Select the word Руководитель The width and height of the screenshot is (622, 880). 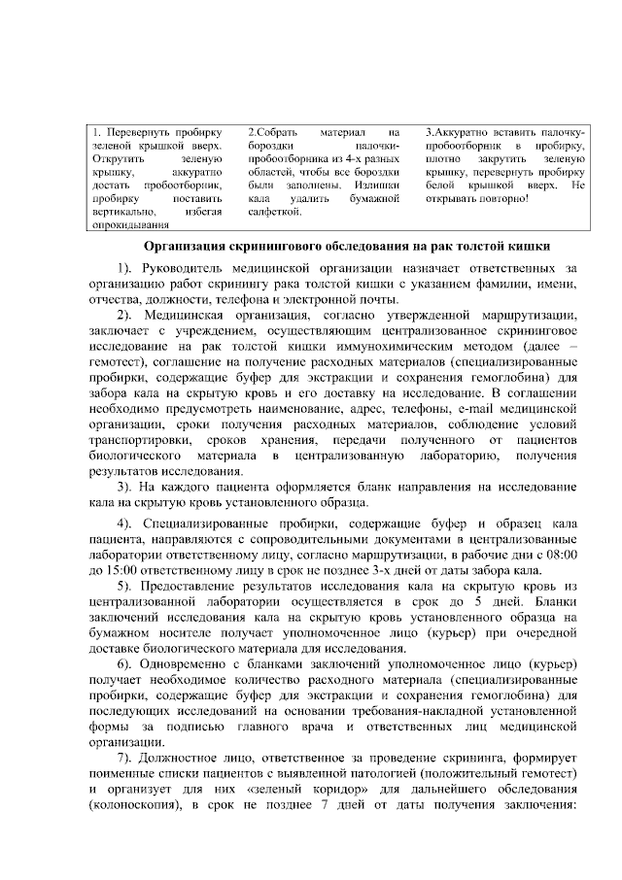click(186, 267)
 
